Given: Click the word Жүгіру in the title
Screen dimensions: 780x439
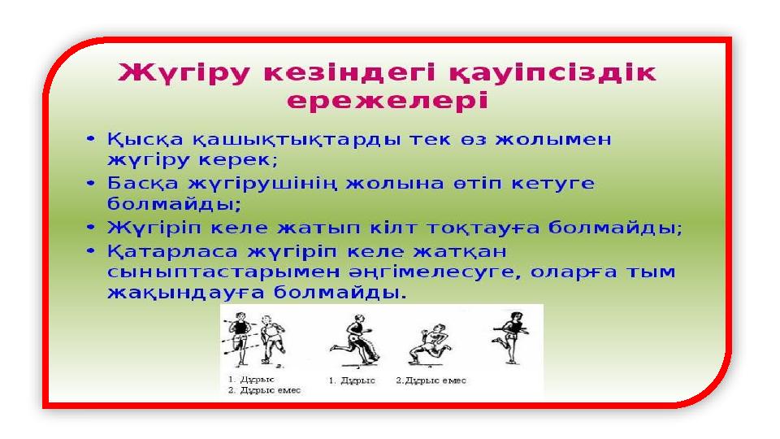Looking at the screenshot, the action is point(184,72).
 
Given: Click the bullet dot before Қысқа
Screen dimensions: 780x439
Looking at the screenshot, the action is point(90,138).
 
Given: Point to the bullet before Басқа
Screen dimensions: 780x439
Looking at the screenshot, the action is point(90,183).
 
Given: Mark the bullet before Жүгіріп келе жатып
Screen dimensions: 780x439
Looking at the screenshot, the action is point(90,228).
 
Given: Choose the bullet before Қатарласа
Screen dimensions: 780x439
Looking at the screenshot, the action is point(90,251).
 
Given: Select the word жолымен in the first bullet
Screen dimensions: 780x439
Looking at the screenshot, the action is point(553,139).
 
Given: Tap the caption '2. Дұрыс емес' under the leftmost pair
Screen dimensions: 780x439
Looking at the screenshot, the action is point(265,391).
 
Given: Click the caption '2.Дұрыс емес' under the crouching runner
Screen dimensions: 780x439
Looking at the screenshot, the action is point(431,380).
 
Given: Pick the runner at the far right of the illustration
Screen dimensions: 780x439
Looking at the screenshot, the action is point(510,337).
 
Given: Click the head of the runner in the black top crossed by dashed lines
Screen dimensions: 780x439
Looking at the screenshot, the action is point(240,316).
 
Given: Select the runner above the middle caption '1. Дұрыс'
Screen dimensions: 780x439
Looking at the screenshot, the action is point(355,339).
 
